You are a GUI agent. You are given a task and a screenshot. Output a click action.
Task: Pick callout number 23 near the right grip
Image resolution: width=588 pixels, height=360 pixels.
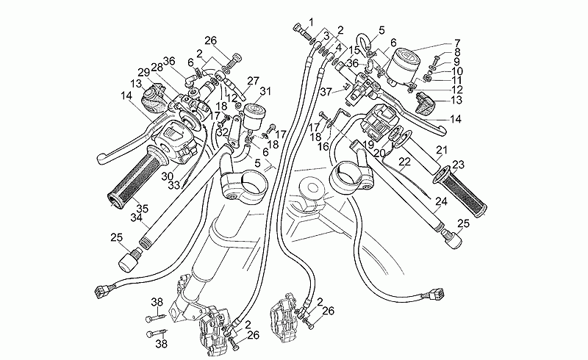458,165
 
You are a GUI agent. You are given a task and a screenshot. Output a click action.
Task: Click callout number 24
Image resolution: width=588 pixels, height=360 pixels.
440,200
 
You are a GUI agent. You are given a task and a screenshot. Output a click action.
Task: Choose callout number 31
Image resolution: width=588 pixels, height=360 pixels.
265,92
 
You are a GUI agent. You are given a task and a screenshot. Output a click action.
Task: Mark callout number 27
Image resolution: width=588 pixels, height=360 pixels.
254,81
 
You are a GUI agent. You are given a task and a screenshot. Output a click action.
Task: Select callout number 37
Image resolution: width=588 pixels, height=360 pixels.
326,91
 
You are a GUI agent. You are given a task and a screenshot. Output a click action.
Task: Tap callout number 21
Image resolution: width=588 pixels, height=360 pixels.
442,151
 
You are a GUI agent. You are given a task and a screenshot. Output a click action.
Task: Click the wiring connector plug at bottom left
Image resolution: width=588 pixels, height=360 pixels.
100,290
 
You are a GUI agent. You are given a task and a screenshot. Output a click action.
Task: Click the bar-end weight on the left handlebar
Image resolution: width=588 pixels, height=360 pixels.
129,258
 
